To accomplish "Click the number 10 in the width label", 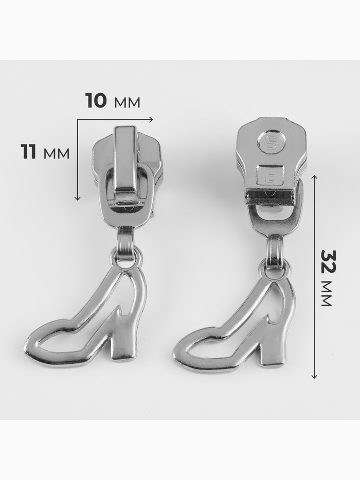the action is point(96,100).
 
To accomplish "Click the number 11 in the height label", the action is point(28,152).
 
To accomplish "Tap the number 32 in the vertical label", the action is point(329,261).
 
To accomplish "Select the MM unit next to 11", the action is point(57,154).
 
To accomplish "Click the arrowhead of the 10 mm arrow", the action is point(151,119).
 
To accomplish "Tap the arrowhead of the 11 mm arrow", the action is point(78,198).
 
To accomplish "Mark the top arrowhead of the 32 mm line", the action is point(314,176).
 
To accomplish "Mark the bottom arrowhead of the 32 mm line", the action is point(314,376).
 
